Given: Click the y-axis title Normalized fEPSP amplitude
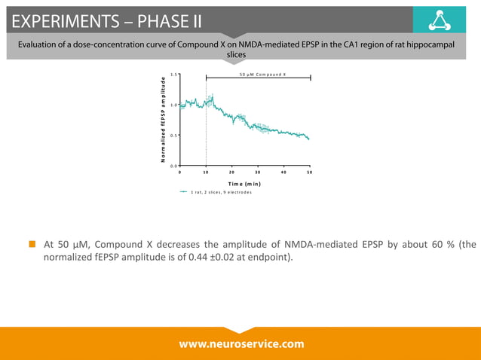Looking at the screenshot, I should (163, 120).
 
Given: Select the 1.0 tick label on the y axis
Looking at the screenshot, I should (173, 105).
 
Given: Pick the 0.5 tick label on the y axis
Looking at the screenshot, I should (173, 136).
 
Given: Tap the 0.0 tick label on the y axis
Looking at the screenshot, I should (173, 166).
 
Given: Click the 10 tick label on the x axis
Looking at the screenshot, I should (206, 172).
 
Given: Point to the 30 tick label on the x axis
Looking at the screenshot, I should (258, 172).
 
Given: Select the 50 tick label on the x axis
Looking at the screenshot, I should (310, 172).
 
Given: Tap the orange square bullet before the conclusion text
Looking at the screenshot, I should (32, 244).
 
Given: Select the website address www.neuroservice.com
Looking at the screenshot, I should (241, 343).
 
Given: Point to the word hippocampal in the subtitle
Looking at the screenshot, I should (434, 44).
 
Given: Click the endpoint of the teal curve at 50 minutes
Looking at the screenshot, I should (309, 139).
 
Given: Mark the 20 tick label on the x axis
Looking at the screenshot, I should (231, 172).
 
